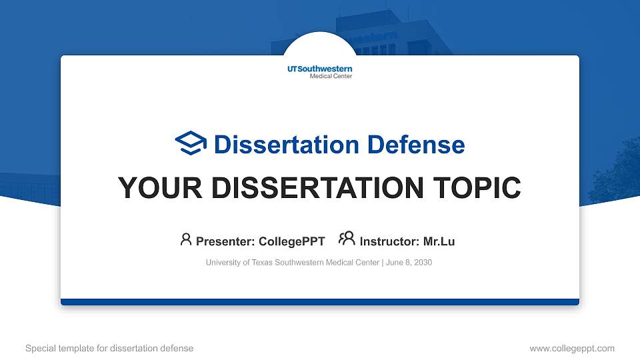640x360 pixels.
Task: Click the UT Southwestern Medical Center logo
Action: point(320,71)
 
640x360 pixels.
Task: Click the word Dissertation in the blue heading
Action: point(278,145)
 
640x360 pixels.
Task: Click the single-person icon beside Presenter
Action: point(186,239)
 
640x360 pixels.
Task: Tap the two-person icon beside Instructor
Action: point(347,239)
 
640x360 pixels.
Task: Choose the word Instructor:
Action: point(389,241)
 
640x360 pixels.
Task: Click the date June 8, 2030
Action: point(409,263)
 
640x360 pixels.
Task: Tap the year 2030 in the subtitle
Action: point(422,263)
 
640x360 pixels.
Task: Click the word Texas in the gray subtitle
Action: point(262,263)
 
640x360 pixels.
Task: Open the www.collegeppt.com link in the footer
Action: point(571,348)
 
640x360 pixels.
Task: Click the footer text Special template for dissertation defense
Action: point(109,348)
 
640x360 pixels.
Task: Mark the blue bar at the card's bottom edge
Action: point(320,302)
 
